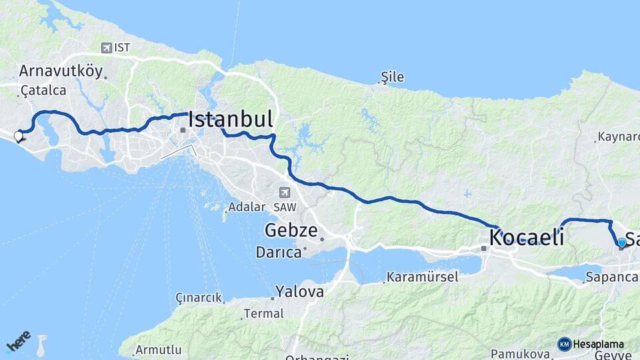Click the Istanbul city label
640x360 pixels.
click(x=231, y=120)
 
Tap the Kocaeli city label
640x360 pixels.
click(x=527, y=237)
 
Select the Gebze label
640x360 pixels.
click(x=291, y=231)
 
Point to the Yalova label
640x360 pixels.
click(x=300, y=291)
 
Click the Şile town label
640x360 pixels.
click(x=392, y=77)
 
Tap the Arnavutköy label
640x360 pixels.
click(x=61, y=71)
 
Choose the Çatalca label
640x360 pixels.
click(x=43, y=90)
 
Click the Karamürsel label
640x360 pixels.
click(x=423, y=277)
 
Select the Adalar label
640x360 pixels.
click(x=247, y=207)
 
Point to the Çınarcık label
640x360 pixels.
click(x=198, y=297)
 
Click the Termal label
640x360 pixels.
click(x=259, y=313)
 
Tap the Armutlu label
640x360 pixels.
click(x=159, y=349)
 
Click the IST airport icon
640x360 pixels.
click(x=106, y=47)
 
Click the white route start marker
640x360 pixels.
click(x=18, y=137)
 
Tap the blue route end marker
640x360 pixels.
click(x=622, y=243)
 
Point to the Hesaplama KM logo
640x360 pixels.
click(x=591, y=345)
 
